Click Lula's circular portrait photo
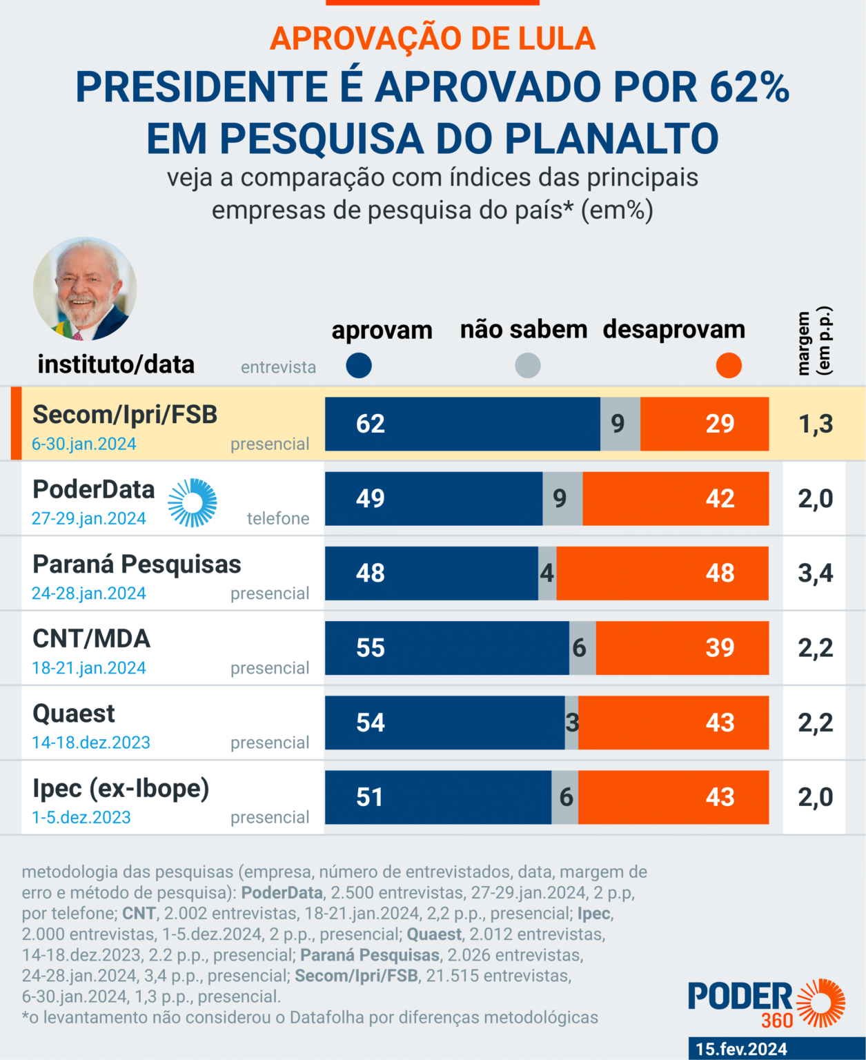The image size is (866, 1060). [85, 289]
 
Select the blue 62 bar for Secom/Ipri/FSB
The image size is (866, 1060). [462, 424]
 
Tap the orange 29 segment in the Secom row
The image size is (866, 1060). [705, 424]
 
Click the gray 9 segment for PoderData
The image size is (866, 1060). [562, 498]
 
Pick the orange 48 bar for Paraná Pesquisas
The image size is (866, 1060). [662, 573]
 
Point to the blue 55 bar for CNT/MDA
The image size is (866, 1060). [447, 648]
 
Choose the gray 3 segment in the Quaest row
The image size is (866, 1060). [571, 723]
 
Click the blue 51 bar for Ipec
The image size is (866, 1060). [438, 797]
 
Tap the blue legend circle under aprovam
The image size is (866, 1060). [359, 365]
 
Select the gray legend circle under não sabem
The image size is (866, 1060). [528, 365]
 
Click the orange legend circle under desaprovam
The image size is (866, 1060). [729, 365]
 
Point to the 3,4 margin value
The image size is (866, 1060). [815, 573]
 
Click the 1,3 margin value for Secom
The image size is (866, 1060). [816, 424]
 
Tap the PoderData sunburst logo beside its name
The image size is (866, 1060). [193, 502]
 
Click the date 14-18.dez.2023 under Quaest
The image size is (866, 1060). [91, 743]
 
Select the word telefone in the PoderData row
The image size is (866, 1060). [278, 518]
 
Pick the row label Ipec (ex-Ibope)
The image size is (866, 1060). [121, 788]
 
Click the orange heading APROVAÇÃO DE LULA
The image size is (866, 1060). [433, 39]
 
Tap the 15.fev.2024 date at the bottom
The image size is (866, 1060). [741, 1049]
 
